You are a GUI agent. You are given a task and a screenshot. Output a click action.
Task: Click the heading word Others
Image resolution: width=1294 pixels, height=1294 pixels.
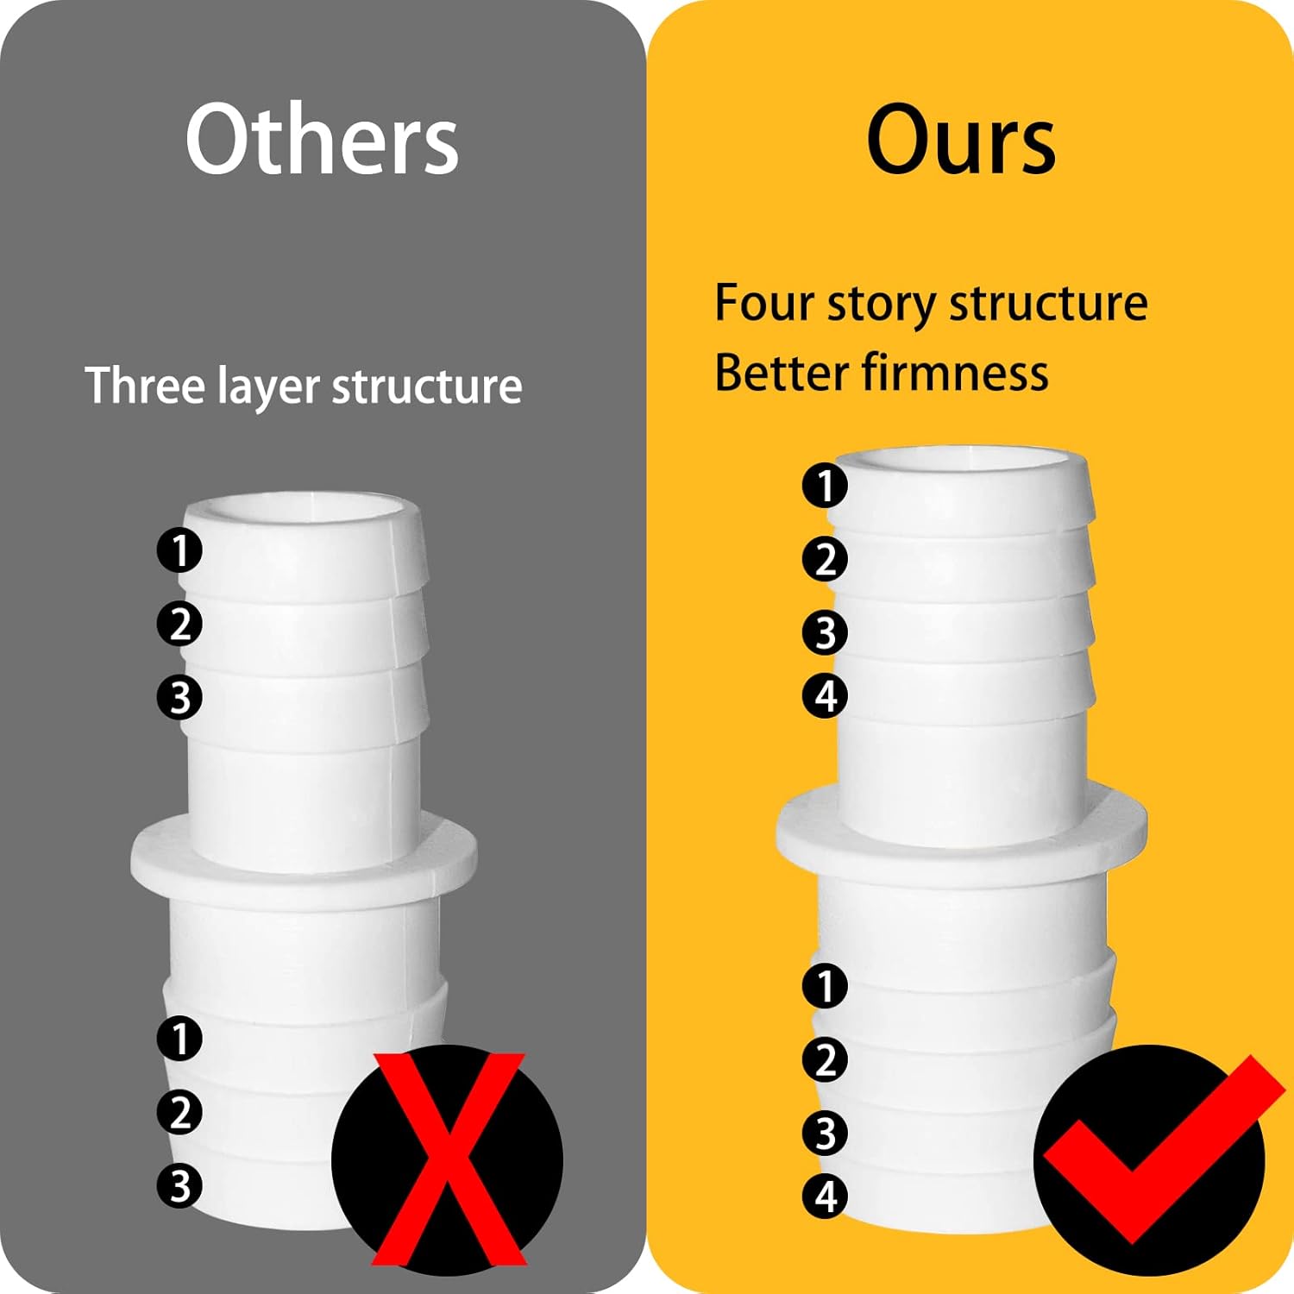[x=321, y=141]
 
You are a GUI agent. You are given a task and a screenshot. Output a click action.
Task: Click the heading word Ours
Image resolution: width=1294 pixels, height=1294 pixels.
[x=960, y=141]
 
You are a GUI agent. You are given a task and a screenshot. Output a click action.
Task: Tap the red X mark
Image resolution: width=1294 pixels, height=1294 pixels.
[x=448, y=1159]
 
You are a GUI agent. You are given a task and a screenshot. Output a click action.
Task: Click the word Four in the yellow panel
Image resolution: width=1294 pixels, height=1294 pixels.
[x=763, y=304]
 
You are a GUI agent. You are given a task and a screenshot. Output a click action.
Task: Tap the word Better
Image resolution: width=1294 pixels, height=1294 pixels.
[x=781, y=373]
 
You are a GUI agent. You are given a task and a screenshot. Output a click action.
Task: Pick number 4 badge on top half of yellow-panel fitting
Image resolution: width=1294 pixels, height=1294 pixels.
[x=825, y=696]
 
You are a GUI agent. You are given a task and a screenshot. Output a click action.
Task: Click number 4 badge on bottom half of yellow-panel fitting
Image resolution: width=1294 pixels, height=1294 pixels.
[x=825, y=1196]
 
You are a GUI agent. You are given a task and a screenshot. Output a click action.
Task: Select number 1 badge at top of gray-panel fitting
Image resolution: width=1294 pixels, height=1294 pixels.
[x=179, y=550]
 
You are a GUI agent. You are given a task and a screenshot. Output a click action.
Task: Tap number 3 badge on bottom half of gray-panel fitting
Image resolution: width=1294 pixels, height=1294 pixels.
[x=179, y=1185]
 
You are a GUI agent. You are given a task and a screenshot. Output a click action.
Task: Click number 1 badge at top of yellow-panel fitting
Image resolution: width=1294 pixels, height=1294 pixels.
[x=825, y=485]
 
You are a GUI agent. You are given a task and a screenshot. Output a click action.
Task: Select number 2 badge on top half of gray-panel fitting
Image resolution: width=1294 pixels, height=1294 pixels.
[x=179, y=624]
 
